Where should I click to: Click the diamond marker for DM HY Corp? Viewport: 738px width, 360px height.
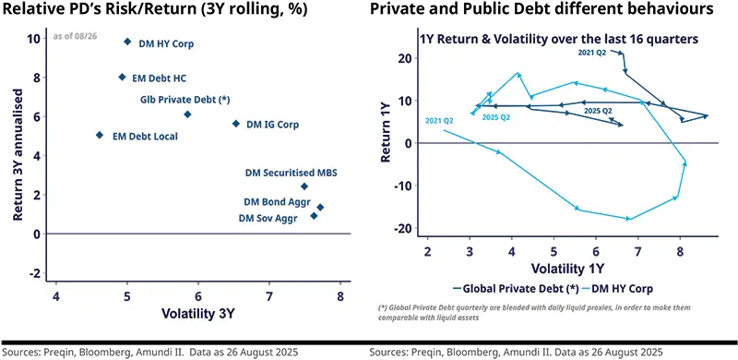click(x=127, y=42)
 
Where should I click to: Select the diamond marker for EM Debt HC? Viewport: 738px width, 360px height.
click(x=123, y=78)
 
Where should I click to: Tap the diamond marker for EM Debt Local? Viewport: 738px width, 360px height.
click(x=100, y=136)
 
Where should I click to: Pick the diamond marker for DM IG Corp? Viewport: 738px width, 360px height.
click(x=236, y=124)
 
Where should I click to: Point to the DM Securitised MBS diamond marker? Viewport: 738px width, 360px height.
click(x=304, y=186)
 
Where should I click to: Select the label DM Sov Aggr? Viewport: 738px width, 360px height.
click(x=270, y=218)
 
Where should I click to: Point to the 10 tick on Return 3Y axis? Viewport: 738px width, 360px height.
click(x=33, y=39)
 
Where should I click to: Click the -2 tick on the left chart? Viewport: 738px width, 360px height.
click(x=35, y=274)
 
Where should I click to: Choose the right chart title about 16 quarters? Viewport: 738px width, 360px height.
click(x=558, y=40)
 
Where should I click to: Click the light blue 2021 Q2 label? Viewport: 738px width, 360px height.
click(x=439, y=121)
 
